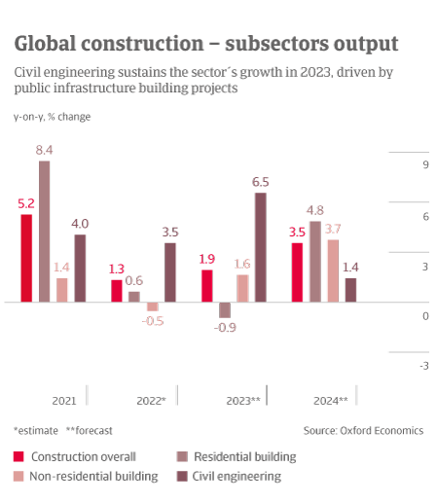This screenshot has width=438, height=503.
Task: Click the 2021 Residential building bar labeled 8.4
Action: [44, 232]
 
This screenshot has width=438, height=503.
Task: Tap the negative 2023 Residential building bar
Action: [224, 310]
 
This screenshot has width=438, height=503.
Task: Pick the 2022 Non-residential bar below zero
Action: [152, 306]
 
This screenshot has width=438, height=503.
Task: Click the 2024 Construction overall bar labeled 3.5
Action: [297, 272]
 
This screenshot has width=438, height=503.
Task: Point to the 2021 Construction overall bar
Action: [26, 258]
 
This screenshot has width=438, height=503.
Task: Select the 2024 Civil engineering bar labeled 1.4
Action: [350, 290]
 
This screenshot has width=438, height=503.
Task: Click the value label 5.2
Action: [26, 203]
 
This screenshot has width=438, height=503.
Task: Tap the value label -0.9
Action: [225, 328]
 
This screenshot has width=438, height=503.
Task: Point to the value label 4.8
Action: [315, 210]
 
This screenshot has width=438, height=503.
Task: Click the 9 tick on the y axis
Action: [425, 165]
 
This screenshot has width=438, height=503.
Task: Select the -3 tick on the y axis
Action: [423, 366]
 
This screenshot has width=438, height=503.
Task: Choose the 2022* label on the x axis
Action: [151, 400]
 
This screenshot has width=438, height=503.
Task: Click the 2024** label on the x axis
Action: [330, 400]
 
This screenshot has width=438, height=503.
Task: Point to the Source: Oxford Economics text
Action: [362, 430]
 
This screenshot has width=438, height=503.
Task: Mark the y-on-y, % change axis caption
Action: [53, 118]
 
